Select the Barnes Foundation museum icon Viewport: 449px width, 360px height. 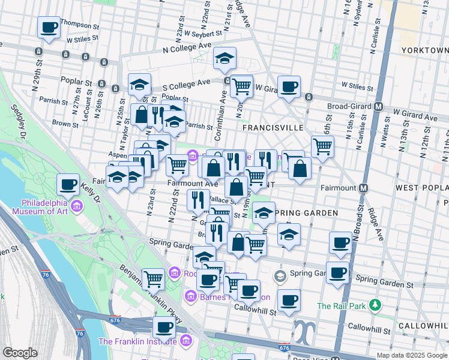click(191, 296)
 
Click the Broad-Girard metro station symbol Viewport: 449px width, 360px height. click(379, 106)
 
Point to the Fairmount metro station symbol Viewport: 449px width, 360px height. click(363, 188)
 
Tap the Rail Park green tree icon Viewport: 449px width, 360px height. click(375, 305)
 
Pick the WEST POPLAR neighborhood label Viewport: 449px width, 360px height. click(421, 188)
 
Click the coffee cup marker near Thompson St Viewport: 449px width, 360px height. click(49, 27)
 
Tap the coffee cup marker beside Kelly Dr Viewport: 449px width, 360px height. click(68, 184)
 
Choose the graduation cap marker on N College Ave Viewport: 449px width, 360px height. click(225, 58)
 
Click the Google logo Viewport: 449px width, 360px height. click(19, 353)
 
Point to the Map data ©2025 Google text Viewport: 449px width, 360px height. click(412, 355)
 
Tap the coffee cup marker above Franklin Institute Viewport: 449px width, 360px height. click(164, 328)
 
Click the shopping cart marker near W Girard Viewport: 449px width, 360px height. click(241, 86)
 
